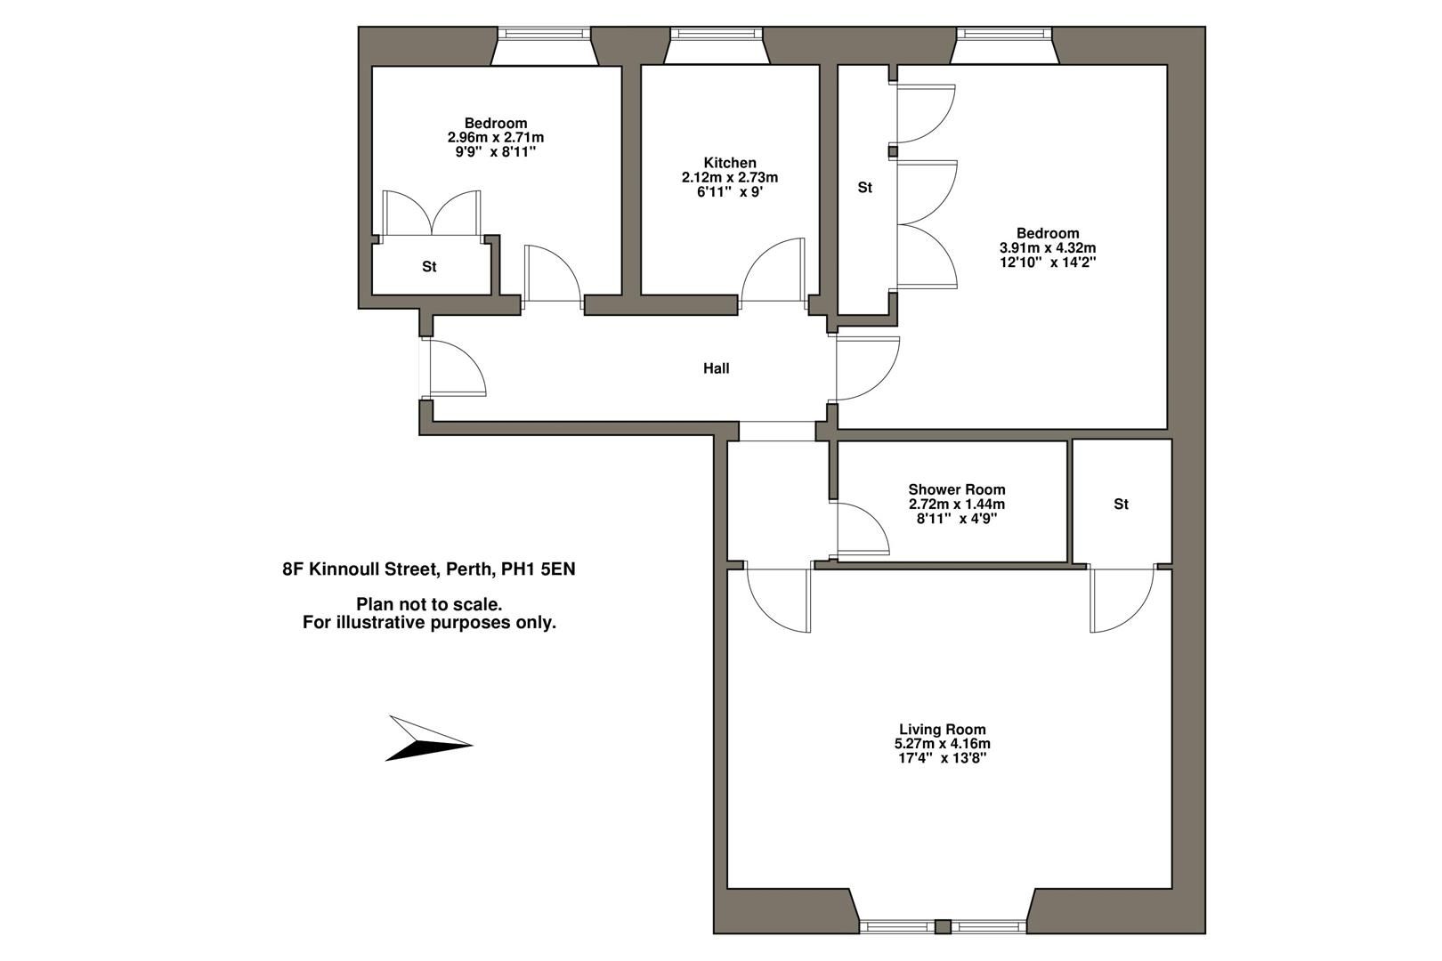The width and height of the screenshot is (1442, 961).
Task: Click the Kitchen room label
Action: (x=729, y=163)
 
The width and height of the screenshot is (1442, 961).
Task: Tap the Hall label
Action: (x=716, y=368)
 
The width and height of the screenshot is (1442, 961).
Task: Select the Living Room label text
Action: (x=942, y=730)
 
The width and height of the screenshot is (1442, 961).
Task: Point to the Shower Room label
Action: (x=956, y=489)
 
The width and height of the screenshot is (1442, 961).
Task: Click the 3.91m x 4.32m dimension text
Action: (x=1047, y=248)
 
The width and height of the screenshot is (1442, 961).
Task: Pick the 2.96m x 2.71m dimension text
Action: (x=495, y=138)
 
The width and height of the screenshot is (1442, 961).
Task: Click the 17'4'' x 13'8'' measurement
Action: (x=942, y=759)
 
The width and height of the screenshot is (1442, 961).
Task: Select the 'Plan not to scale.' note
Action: (x=428, y=605)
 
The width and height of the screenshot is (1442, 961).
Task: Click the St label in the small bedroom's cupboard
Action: (x=429, y=267)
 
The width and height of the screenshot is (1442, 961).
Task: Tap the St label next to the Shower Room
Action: (x=1120, y=505)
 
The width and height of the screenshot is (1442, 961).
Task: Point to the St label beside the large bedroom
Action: (x=864, y=188)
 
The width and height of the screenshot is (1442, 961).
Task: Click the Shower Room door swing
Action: (x=862, y=529)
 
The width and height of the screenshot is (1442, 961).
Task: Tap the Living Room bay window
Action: (x=944, y=925)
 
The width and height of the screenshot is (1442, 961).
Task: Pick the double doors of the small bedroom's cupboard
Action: (x=432, y=214)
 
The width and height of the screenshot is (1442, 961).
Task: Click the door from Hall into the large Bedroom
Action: (x=865, y=368)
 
